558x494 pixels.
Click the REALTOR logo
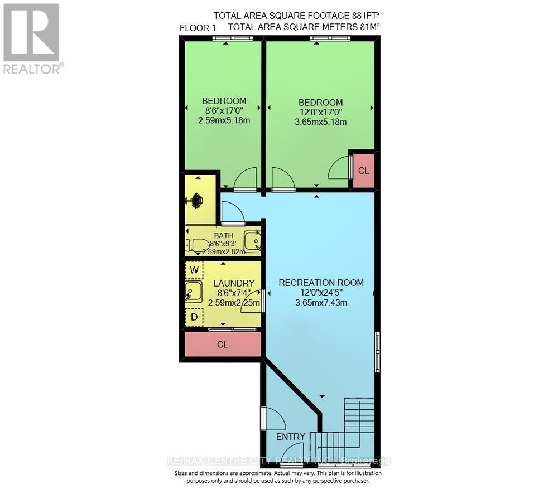[31, 38]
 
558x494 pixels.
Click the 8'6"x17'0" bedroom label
[224, 110]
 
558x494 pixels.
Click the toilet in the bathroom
[196, 245]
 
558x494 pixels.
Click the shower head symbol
[196, 200]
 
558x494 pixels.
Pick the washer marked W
[194, 270]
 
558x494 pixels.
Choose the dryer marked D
[194, 317]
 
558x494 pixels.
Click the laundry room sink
[194, 292]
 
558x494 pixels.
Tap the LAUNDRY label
[234, 283]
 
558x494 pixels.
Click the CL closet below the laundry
[223, 345]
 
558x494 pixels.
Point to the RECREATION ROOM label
[321, 283]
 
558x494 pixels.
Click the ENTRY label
[291, 437]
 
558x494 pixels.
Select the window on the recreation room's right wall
[377, 352]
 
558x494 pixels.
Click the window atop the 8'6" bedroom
[233, 38]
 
